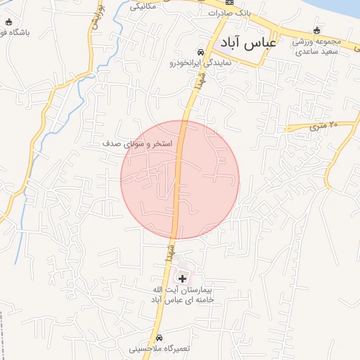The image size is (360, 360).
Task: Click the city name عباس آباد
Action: click(246, 44)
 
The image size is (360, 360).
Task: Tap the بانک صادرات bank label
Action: click(229, 13)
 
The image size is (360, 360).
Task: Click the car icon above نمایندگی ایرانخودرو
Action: click(201, 53)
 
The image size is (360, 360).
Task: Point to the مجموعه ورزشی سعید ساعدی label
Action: click(316, 46)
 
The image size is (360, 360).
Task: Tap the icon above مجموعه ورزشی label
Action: click(316, 30)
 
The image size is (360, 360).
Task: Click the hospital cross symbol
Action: click(184, 278)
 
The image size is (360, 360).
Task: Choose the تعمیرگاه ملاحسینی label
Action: click(158, 348)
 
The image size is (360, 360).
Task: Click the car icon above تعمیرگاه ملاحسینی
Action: click(158, 337)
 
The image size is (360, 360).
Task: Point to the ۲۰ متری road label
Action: click(324, 124)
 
